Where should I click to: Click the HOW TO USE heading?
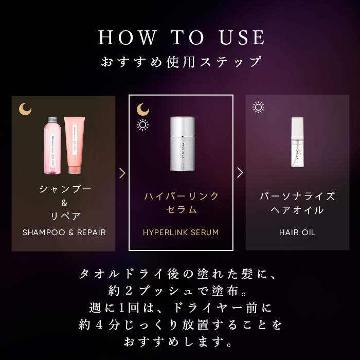coord(182,38)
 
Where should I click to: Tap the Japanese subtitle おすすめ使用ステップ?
coord(181,62)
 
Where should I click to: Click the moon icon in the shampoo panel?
coord(25,109)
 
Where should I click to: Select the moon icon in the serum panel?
coord(142,109)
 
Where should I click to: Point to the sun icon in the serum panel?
coord(142,124)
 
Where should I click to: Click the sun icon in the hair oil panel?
coord(258,107)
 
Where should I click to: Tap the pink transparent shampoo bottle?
coord(53,145)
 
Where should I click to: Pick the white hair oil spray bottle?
coord(297,142)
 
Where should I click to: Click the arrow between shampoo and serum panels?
coord(122,173)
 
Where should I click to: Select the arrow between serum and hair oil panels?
coord(240,172)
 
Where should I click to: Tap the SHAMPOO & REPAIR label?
coord(64,232)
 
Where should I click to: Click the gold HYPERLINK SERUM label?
coord(181,232)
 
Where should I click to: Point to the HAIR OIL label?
coord(297,232)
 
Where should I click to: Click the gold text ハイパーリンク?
coord(181,196)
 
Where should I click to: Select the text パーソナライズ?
coord(297,196)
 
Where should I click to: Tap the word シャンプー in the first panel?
coord(65,189)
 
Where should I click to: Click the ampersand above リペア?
coord(64,203)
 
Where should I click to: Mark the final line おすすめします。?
coord(181,341)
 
